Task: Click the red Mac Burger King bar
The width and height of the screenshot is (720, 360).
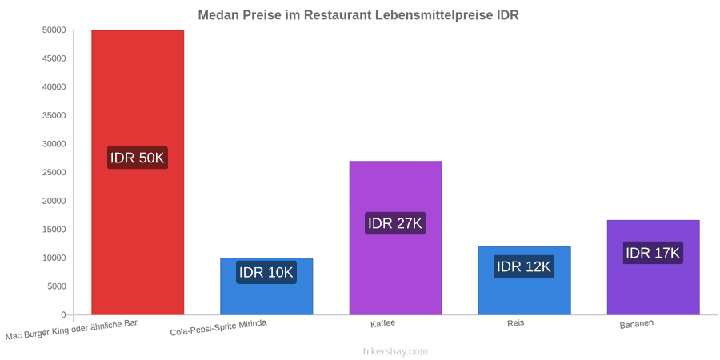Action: point(138,172)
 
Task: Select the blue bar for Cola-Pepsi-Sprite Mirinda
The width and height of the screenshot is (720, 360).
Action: point(266,286)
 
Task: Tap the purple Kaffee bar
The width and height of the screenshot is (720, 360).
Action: point(395,238)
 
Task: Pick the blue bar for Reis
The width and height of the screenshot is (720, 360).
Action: point(524,281)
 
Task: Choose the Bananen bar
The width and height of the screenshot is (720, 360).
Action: point(654,267)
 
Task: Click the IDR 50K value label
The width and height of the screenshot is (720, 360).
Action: point(138,158)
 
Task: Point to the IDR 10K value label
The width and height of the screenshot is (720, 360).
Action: point(266,272)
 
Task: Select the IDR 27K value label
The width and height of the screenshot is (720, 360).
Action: point(395,223)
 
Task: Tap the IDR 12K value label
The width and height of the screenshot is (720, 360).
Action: point(524,266)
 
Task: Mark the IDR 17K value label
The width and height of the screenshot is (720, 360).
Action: point(653,253)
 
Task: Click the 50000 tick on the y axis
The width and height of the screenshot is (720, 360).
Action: point(54,30)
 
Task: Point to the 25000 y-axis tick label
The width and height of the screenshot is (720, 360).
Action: point(54,173)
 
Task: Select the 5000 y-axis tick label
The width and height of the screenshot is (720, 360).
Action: point(57,286)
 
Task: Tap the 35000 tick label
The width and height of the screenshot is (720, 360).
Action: point(54,116)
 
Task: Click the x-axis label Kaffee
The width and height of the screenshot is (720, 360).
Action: point(383,323)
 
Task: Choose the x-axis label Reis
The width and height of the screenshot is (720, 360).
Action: point(516,323)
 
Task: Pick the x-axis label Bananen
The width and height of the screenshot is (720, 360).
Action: point(637,324)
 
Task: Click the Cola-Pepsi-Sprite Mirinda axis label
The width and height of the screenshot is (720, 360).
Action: point(218,328)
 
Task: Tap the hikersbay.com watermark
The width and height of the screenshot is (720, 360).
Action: point(395,351)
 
